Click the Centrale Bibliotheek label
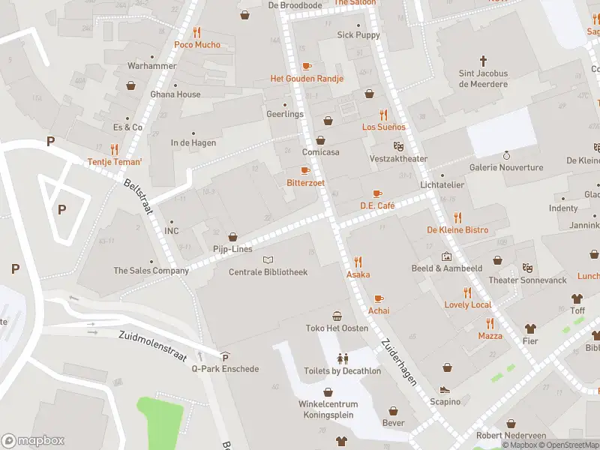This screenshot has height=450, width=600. (268, 271)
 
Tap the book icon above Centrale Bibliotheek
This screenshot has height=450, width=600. (268, 259)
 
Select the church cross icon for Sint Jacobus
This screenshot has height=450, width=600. (483, 60)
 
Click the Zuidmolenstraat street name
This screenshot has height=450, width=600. (151, 345)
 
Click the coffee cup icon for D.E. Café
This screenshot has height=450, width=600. (377, 193)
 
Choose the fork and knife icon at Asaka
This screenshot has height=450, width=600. (358, 262)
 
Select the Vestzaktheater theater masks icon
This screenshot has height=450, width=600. (398, 146)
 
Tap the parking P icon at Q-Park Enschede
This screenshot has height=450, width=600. (225, 357)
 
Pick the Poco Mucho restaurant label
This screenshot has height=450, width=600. (197, 44)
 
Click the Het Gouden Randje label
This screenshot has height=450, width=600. (307, 79)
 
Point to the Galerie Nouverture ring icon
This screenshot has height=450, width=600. (506, 155)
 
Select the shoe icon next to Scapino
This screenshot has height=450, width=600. (445, 390)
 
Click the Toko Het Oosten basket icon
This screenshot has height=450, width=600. (337, 316)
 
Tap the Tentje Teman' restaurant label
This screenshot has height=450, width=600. (115, 161)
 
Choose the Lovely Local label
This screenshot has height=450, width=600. (467, 304)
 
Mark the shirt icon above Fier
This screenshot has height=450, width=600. (530, 328)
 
